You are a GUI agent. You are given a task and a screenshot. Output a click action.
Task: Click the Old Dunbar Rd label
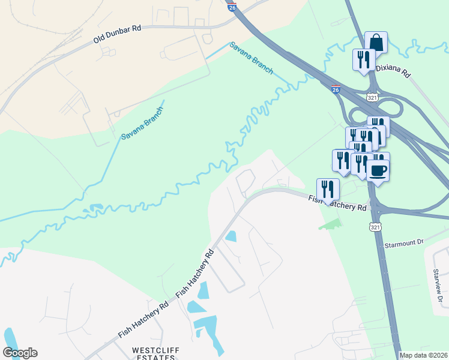pos(117,35)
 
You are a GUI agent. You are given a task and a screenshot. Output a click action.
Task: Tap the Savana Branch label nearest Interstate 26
pos(252,58)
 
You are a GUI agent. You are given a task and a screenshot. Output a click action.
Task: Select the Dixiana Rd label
pos(393,70)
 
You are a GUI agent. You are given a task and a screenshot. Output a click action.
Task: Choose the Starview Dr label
pos(436,284)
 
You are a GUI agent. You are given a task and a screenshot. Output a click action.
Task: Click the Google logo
pos(20,352)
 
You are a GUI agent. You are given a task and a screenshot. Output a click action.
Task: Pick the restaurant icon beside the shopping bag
pos(363,60)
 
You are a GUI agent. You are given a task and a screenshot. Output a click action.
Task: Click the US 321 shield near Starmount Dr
pos(375,227)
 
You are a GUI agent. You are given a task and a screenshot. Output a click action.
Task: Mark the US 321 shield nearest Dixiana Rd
pos(372,97)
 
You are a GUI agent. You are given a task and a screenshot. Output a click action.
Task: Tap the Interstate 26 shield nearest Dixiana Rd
pos(336,89)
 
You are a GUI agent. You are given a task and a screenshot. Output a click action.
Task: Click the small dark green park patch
pos(330,224)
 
